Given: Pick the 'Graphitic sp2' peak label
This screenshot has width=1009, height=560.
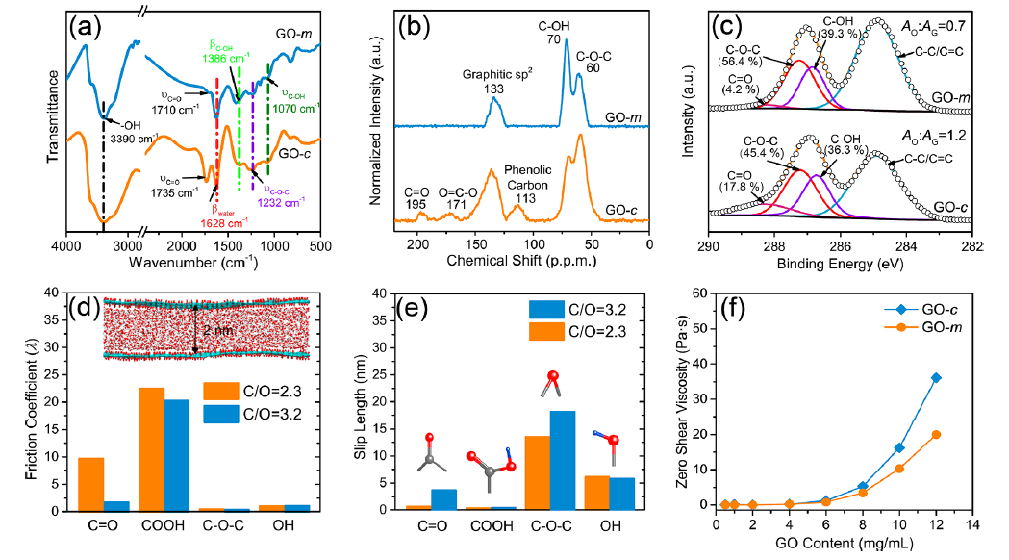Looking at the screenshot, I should pyautogui.click(x=493, y=80).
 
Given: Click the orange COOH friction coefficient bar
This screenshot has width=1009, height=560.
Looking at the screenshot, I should pyautogui.click(x=152, y=448).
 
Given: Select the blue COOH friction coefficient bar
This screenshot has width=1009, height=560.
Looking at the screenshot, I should pyautogui.click(x=177, y=454).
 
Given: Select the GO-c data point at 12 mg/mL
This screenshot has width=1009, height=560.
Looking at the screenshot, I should pyautogui.click(x=936, y=377).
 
